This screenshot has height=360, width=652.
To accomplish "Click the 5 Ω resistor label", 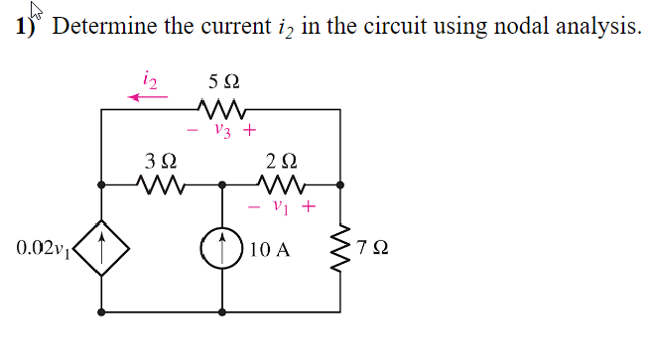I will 223,78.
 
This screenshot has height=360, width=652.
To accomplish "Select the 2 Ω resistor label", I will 281,159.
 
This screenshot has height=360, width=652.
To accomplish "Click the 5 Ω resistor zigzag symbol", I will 222,106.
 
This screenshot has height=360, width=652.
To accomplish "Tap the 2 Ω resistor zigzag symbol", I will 281,184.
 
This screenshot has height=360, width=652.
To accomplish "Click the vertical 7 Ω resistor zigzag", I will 341,248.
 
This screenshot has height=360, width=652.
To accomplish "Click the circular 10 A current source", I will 222,248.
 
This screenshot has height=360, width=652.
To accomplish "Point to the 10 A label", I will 270,249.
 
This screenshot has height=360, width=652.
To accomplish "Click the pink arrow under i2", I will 148,95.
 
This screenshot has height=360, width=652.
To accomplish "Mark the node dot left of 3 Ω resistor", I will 102,184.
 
